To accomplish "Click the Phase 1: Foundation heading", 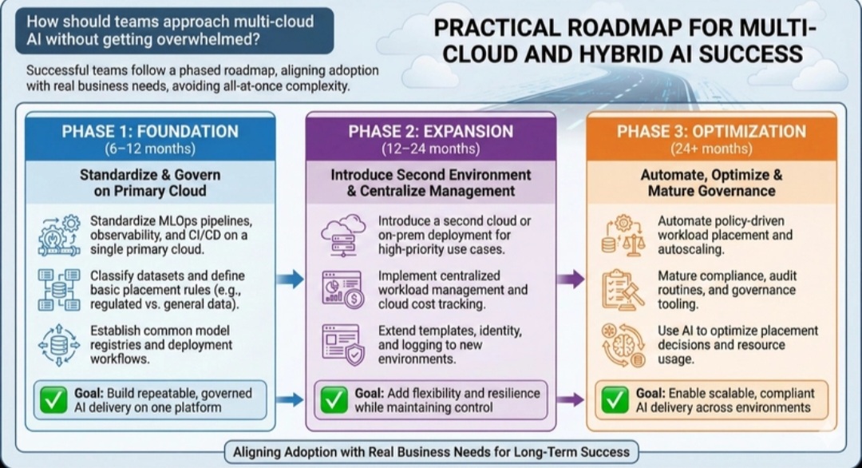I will (x=150, y=132).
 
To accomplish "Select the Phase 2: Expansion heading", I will (x=430, y=132).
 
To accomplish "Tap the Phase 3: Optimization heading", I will (x=711, y=132).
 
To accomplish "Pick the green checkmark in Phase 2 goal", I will (x=334, y=400).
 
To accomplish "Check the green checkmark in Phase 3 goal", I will (x=615, y=400).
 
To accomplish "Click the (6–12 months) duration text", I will (x=150, y=149).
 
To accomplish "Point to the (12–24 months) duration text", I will (x=430, y=149).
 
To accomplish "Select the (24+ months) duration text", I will (x=711, y=149).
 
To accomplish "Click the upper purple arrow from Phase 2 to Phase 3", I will (x=569, y=279).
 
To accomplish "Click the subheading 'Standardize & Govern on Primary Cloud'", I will (x=150, y=183).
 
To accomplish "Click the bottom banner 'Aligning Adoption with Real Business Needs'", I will (x=431, y=452).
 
